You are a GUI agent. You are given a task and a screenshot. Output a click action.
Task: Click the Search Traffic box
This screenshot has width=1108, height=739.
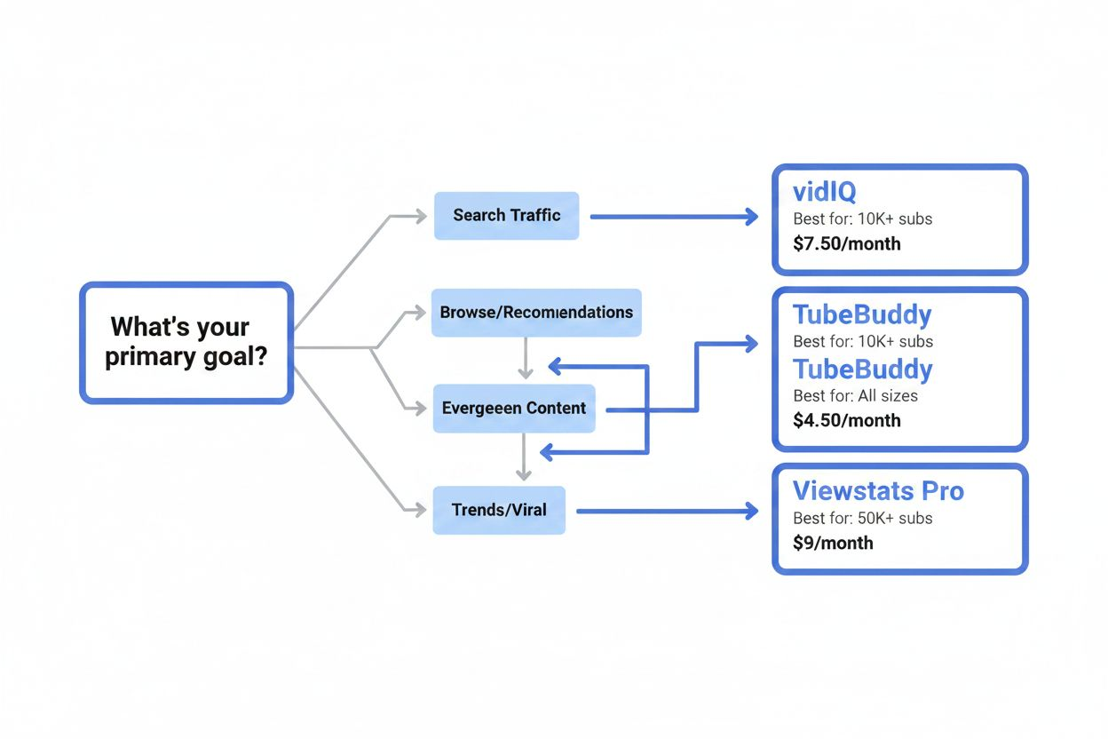point(506,215)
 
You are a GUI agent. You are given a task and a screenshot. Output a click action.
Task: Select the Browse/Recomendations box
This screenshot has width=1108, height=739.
point(536,312)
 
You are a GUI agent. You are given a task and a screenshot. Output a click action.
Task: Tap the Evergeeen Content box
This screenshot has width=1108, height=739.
point(514,409)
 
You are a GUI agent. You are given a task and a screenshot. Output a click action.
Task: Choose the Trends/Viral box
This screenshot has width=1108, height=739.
point(499,510)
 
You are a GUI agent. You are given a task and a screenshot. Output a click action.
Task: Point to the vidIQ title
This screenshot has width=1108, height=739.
point(824,192)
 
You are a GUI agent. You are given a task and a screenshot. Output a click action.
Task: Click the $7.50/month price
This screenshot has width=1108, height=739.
point(846,243)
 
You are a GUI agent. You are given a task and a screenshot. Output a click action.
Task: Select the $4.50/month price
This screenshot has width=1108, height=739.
point(846,420)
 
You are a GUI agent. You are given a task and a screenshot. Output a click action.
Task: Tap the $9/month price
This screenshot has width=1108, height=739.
point(833,543)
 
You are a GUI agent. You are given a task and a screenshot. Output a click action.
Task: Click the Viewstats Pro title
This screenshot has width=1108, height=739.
point(878,491)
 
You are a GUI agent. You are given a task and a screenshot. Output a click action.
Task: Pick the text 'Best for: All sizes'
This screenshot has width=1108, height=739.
point(855,395)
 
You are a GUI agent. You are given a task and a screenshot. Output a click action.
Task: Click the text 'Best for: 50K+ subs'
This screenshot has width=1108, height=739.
point(862,518)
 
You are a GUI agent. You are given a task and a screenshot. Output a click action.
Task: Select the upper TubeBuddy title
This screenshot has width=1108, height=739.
point(861,315)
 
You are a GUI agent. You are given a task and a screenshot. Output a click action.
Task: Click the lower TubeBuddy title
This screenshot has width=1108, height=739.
point(861,369)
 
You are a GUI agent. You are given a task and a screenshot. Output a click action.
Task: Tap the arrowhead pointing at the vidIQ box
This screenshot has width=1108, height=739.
point(752,216)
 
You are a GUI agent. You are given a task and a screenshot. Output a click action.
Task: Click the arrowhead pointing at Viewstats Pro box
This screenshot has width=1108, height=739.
point(752,511)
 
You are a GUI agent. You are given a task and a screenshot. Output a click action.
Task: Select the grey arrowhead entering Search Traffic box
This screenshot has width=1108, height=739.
point(421,216)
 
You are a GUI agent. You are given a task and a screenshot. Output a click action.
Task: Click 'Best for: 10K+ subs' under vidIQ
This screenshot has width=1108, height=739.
point(862,219)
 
